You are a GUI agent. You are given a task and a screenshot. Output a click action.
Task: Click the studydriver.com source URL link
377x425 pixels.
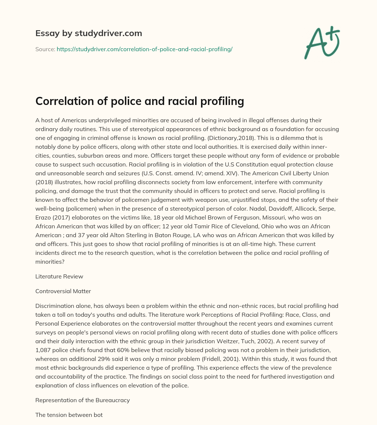click(144, 49)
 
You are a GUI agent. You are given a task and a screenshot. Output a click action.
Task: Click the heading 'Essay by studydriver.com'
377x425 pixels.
click(89, 33)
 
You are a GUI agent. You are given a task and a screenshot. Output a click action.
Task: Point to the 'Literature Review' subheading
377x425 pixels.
click(59, 276)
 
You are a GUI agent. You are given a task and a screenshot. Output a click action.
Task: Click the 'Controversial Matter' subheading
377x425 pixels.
click(63, 291)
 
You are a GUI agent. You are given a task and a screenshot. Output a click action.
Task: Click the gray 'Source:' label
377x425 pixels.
click(45, 49)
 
